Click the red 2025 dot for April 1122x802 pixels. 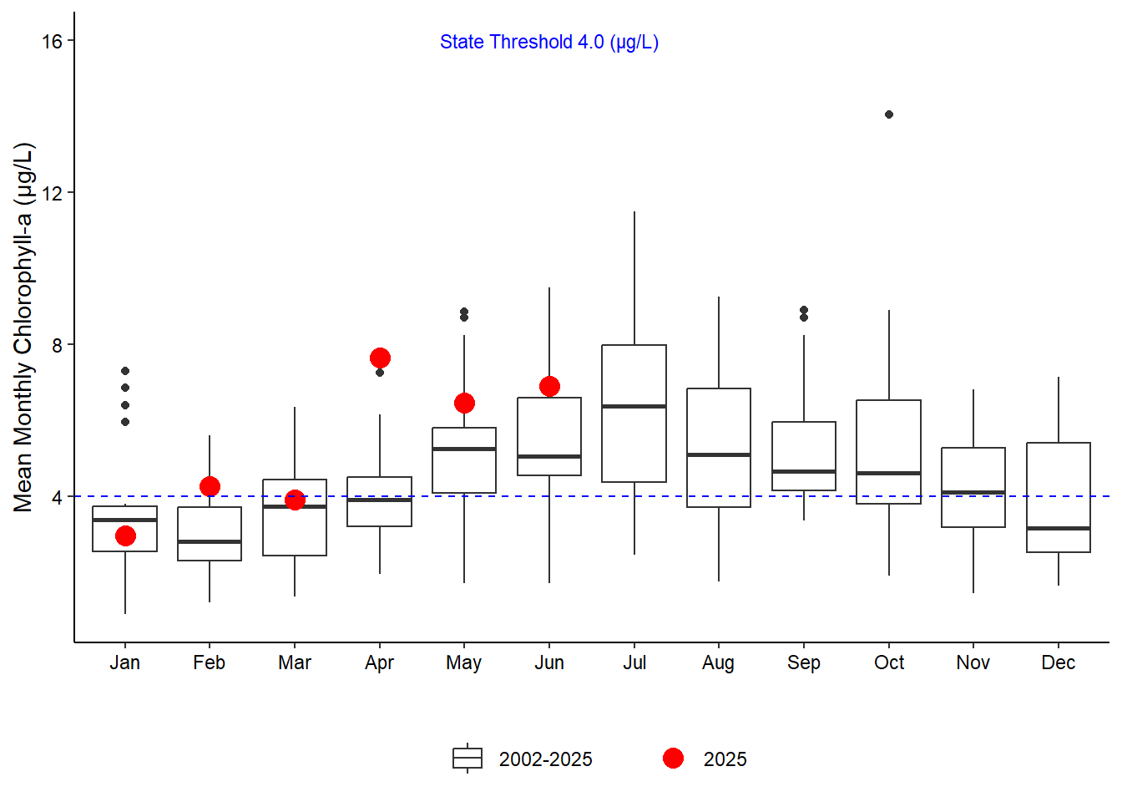coord(380,358)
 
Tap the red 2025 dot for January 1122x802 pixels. coord(125,536)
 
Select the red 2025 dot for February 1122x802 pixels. coord(210,486)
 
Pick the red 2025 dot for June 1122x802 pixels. coord(549,387)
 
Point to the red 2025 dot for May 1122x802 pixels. coord(464,403)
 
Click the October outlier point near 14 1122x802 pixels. coord(889,114)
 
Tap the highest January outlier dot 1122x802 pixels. coord(125,371)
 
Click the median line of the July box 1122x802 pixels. coord(634,406)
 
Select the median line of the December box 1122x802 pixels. coord(1059,528)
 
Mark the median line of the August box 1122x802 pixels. coord(719,454)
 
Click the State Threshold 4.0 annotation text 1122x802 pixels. coord(549,42)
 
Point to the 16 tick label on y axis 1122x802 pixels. coord(52,41)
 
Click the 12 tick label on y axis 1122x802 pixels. coord(52,193)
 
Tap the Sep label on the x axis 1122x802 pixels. coord(804,662)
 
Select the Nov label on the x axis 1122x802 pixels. coord(973,662)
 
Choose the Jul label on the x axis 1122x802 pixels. coord(634,662)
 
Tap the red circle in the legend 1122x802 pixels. coord(673,759)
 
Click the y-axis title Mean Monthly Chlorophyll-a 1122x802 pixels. coord(24,327)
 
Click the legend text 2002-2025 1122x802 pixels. coord(545,759)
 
